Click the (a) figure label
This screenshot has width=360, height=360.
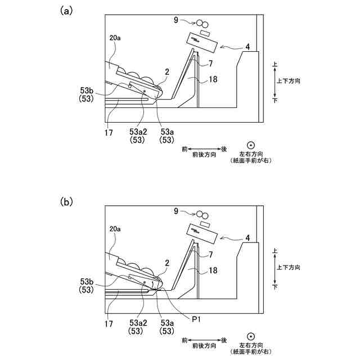[x=66, y=11]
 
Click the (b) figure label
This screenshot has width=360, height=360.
[x=66, y=201]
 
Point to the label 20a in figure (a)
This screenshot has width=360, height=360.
[x=115, y=39]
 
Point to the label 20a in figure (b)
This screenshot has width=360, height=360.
[x=115, y=230]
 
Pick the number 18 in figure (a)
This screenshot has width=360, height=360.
[x=213, y=79]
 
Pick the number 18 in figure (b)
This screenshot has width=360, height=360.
[x=213, y=271]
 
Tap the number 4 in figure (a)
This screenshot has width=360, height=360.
[x=247, y=47]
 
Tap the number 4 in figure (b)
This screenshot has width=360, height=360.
[x=247, y=238]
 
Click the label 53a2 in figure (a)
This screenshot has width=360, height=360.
[x=138, y=132]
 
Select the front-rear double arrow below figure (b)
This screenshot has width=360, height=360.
[x=203, y=340]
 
